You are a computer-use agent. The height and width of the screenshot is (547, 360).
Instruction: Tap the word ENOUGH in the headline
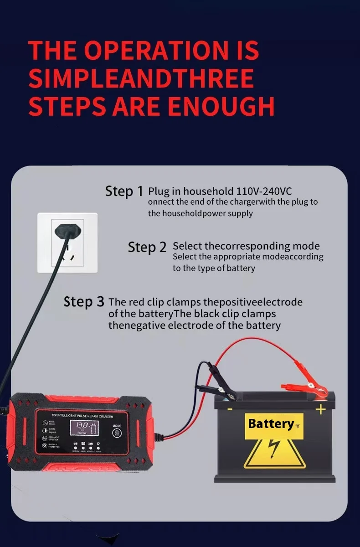pyautogui.click(x=221, y=106)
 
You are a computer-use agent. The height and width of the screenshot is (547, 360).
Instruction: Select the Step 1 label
pyautogui.click(x=124, y=191)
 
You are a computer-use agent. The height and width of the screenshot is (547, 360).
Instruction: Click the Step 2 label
pyautogui.click(x=147, y=247)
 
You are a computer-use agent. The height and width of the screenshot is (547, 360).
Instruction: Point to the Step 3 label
pyautogui.click(x=84, y=302)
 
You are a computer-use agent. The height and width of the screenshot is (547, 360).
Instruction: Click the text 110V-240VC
pyautogui.click(x=264, y=191)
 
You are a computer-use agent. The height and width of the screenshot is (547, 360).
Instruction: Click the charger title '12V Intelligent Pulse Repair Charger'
pyautogui.click(x=83, y=416)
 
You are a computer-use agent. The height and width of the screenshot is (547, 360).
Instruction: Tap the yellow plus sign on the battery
pyautogui.click(x=321, y=409)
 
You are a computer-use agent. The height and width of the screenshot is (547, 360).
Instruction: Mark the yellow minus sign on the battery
pyautogui.click(x=230, y=409)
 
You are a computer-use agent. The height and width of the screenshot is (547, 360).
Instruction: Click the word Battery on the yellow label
pyautogui.click(x=271, y=424)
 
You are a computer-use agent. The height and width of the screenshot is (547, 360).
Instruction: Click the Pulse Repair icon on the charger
pyautogui.click(x=45, y=423)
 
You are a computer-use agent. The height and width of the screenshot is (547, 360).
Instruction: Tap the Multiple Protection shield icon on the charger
pyautogui.click(x=45, y=445)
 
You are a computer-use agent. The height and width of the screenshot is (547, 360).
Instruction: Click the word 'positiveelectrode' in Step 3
pyautogui.click(x=262, y=302)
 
